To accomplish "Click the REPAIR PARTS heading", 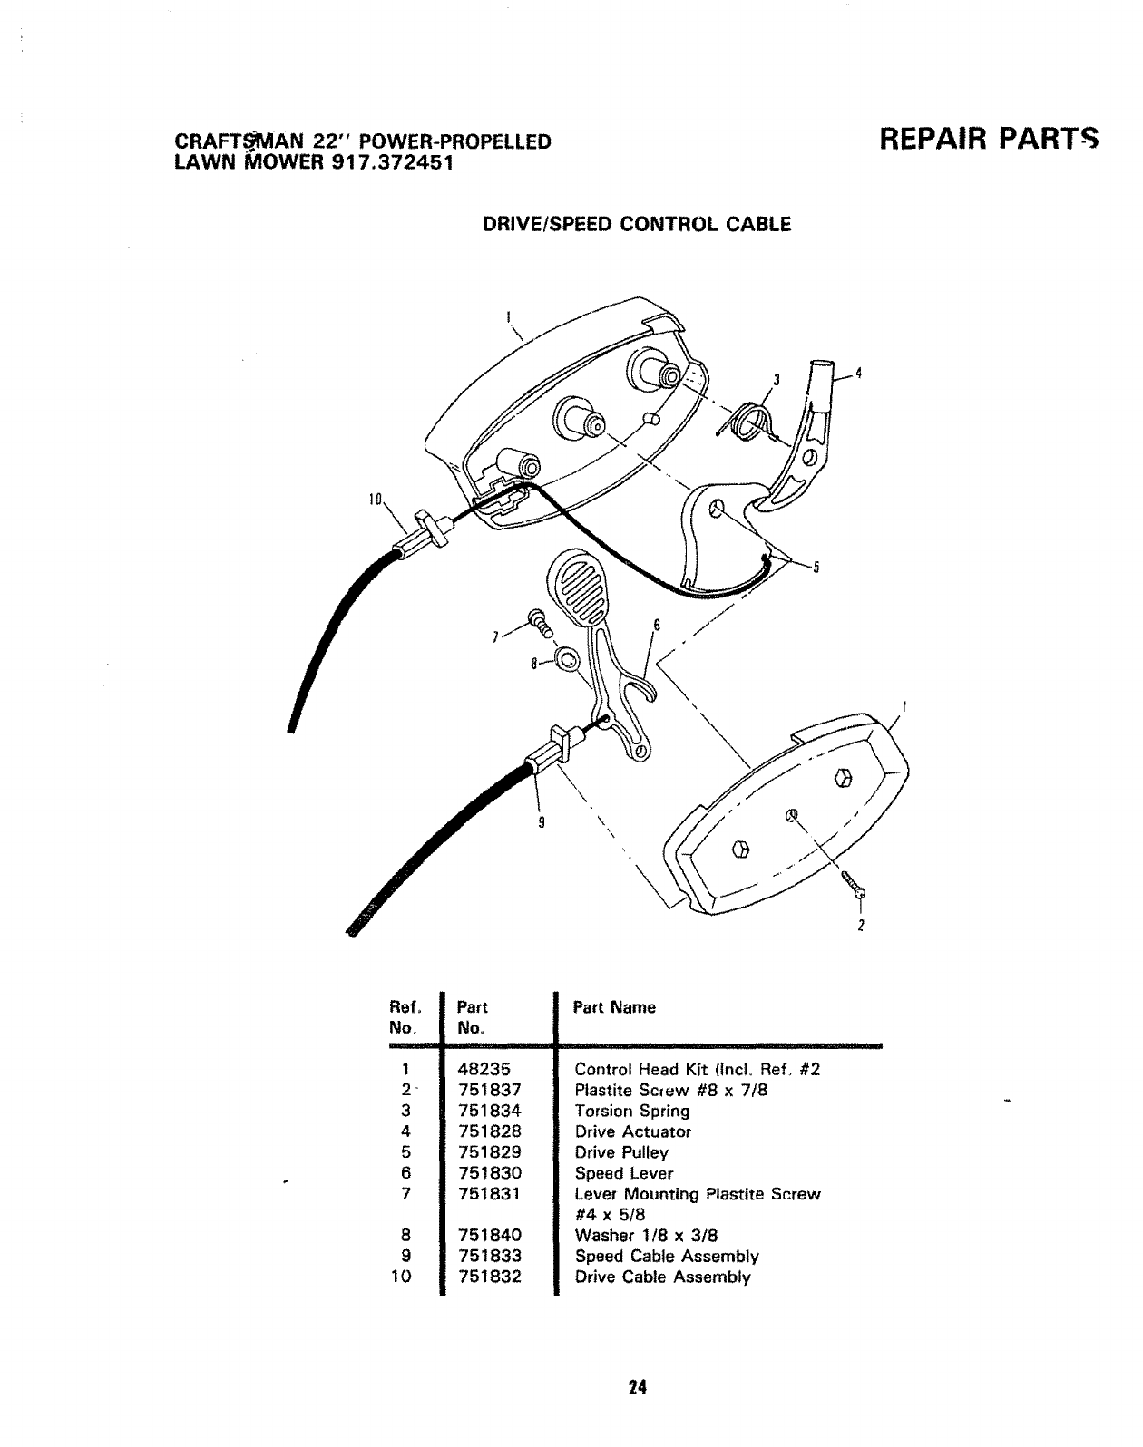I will point(988,140).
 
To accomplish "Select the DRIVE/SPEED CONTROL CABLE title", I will point(636,224).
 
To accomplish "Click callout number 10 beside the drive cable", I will point(375,500).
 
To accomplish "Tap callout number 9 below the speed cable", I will point(542,823).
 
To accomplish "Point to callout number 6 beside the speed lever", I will point(655,626).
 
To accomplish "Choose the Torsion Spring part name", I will point(632,1111).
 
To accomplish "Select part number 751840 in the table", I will point(490,1235).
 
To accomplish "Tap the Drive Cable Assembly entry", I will point(663,1277).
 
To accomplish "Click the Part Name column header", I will point(614,1007).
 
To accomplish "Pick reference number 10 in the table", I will point(400,1277).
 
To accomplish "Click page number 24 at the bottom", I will point(636,1386).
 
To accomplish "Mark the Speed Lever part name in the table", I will point(624,1173).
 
